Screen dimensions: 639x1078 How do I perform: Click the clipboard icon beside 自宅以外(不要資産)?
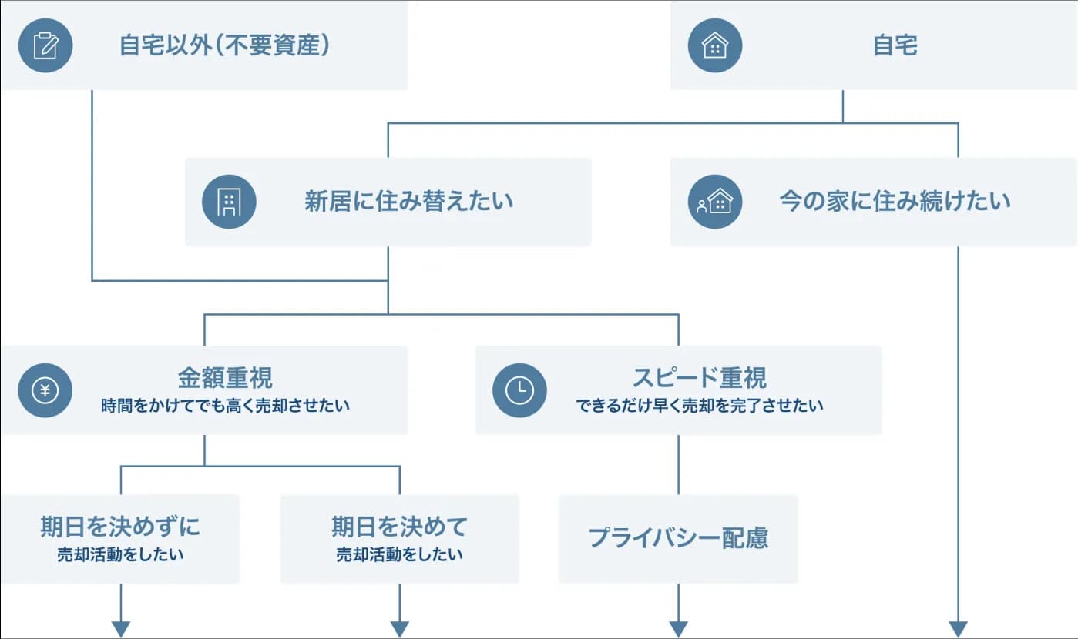(x=45, y=45)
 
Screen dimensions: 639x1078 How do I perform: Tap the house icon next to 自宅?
(x=715, y=45)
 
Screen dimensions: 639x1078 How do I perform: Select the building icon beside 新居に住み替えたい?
(x=229, y=202)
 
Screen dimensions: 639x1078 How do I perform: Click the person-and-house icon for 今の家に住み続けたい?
(x=715, y=202)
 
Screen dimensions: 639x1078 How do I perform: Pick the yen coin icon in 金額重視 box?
(x=45, y=390)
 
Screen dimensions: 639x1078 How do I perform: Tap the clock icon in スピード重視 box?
(x=519, y=390)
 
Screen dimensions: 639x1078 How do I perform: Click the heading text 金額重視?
(x=225, y=378)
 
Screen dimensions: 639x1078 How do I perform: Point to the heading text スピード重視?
(x=700, y=378)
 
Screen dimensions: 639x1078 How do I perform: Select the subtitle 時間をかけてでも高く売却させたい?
(x=225, y=406)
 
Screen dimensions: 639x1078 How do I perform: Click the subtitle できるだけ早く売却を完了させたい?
(x=700, y=406)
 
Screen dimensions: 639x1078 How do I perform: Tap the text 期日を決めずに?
(x=120, y=527)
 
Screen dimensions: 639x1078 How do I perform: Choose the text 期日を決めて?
(x=399, y=527)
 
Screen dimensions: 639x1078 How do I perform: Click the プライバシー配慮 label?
(x=678, y=537)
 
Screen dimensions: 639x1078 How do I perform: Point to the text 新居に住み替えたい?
(x=408, y=202)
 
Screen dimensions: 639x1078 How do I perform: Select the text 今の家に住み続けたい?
(x=895, y=202)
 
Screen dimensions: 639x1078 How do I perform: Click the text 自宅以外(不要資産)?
(x=225, y=45)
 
